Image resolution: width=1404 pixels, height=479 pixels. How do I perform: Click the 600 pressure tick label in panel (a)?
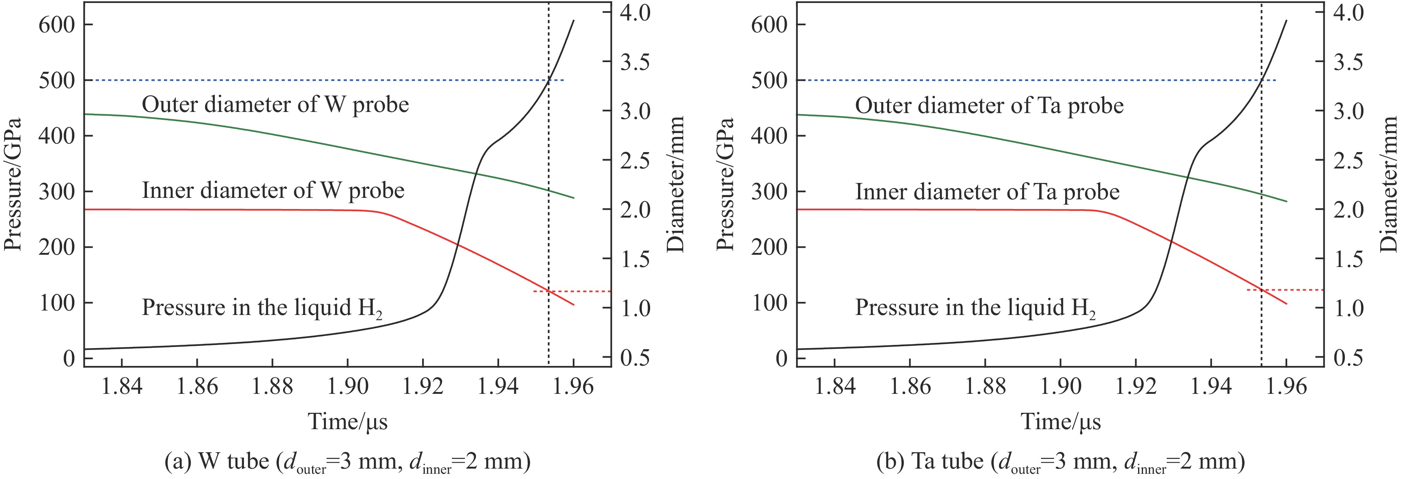[57, 25]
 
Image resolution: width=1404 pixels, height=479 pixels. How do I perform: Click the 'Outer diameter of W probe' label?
[275, 104]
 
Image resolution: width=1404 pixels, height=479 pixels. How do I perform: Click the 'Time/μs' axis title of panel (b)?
[1061, 422]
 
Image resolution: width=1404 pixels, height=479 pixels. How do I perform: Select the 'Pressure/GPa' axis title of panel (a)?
[13, 184]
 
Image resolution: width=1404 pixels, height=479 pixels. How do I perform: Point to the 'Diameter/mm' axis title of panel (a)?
[676, 184]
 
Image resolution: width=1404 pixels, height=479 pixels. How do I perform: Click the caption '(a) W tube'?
[347, 462]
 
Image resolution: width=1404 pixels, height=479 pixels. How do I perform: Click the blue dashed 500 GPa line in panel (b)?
[1035, 80]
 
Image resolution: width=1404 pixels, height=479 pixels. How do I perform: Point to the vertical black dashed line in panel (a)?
[548, 218]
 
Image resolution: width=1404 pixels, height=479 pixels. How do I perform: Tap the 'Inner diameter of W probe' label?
[273, 190]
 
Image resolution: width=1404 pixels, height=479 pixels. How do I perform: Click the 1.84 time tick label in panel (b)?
[835, 386]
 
